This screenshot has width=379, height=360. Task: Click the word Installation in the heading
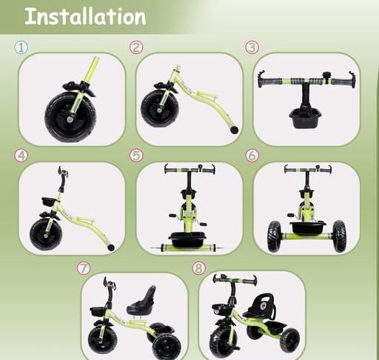point(85,16)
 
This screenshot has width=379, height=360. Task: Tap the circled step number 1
point(21,47)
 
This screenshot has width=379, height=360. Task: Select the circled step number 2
point(136,47)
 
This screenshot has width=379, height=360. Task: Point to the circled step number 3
point(252,47)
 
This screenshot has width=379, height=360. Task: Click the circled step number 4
point(21,156)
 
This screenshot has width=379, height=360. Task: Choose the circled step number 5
point(136,156)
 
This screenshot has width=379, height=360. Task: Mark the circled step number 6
point(252,156)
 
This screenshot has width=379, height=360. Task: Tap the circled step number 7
point(84,268)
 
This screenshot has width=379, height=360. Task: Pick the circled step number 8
point(199,268)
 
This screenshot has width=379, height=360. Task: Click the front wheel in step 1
point(70,116)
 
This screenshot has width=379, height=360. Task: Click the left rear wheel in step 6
point(274,236)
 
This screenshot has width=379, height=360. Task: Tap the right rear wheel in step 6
point(339,236)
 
